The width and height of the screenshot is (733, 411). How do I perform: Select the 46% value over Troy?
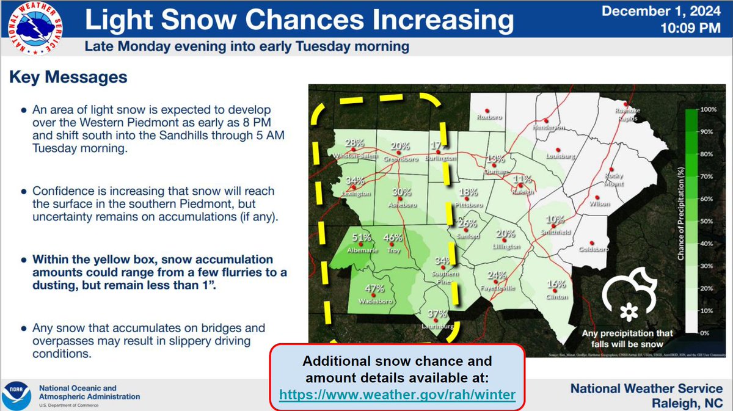pyautogui.click(x=392, y=238)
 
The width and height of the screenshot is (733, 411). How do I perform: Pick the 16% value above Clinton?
pyautogui.click(x=556, y=284)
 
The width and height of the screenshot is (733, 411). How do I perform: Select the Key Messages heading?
pyautogui.click(x=68, y=78)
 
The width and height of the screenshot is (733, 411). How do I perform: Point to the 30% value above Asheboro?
pyautogui.click(x=401, y=192)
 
